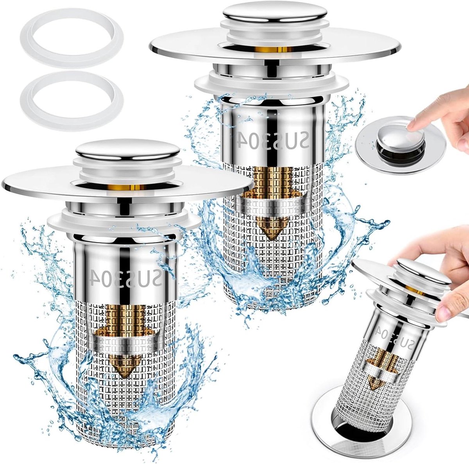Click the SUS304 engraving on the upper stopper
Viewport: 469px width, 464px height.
click(x=270, y=140)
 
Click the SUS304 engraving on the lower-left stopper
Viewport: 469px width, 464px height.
click(x=125, y=278)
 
